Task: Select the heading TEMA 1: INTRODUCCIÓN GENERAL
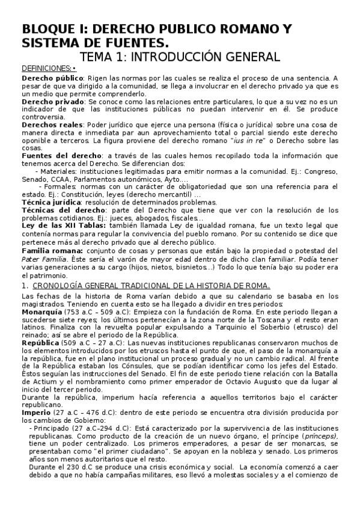click(180, 57)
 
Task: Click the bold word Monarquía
click(41, 312)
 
